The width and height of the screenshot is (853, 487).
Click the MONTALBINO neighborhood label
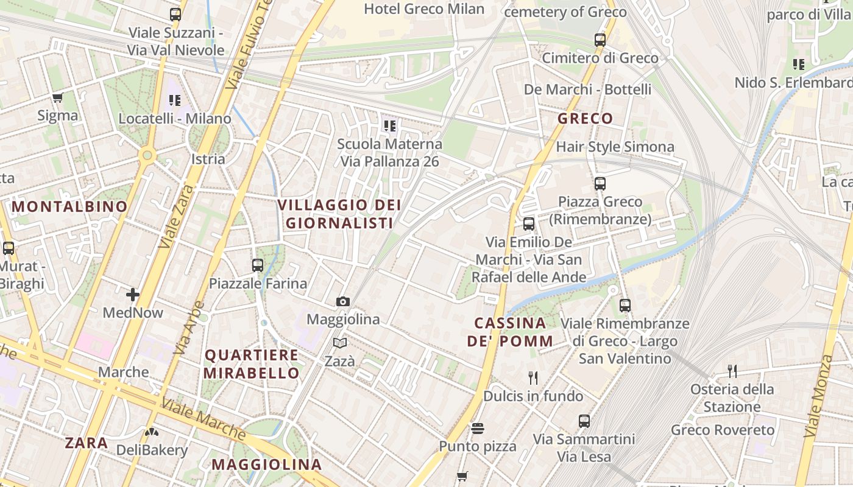pos(69,206)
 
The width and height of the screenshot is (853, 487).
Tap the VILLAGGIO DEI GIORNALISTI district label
pos(339,214)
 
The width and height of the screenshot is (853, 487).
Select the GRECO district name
pos(585,118)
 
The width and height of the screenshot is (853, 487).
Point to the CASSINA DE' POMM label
pos(510,332)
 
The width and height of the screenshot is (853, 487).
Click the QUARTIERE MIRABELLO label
pos(252,363)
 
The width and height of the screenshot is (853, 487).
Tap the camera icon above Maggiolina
pos(343,301)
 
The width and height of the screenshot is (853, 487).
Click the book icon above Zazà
pos(340,343)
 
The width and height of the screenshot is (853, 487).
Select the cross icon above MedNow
pos(133,295)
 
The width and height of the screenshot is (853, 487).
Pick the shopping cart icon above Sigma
pos(58,97)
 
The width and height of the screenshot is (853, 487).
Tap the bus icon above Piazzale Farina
pos(258,265)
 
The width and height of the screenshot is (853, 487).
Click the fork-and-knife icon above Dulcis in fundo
pos(533,378)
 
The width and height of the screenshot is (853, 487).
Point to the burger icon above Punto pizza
pos(478,429)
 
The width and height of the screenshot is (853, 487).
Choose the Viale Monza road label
pos(818,396)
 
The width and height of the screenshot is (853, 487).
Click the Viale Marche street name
pos(204,419)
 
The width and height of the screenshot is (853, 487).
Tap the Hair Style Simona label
pos(615,147)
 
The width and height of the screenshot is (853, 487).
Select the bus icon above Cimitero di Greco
pos(600,40)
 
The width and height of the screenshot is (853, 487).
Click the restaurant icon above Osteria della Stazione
pos(732,371)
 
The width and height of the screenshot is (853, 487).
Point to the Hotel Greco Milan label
pos(424,9)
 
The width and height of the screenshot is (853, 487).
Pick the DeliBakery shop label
pos(152,450)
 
